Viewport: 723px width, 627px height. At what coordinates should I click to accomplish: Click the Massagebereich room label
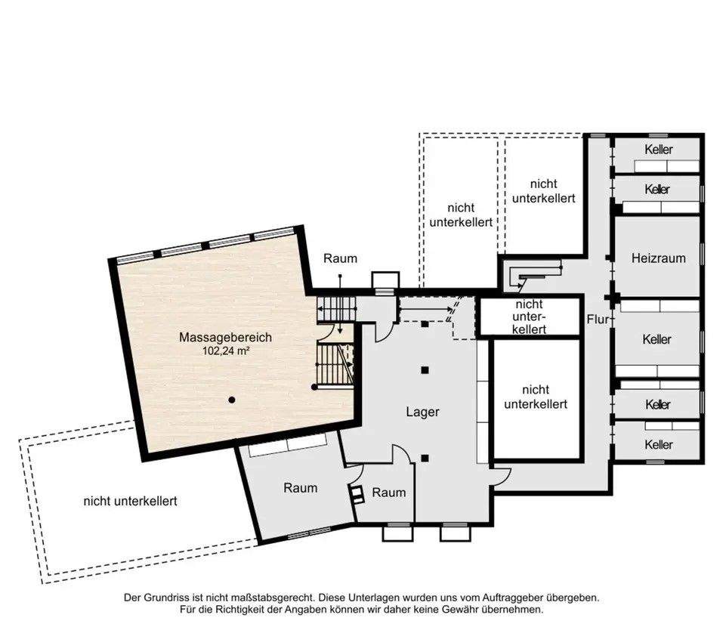[225, 337]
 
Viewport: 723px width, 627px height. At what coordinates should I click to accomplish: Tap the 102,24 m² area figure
[226, 351]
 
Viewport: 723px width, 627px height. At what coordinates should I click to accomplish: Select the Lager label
[422, 412]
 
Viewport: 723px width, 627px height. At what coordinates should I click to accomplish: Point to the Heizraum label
[659, 258]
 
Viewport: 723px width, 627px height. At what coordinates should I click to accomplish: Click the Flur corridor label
[598, 319]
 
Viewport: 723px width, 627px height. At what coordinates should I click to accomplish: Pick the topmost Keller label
[659, 150]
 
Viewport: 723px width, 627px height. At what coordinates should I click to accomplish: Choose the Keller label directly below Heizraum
[657, 339]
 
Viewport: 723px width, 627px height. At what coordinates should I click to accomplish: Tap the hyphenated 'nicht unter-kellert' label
[530, 317]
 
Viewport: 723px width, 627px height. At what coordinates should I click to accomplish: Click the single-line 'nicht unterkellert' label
[130, 501]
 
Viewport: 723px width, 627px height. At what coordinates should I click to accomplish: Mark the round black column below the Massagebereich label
[232, 400]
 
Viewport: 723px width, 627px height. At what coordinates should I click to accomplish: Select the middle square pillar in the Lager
[425, 370]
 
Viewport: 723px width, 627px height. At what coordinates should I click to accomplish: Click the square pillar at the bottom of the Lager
[425, 458]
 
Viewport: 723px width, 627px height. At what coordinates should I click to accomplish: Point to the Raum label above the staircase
[340, 258]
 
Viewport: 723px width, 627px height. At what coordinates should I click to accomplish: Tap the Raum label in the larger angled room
[300, 488]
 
